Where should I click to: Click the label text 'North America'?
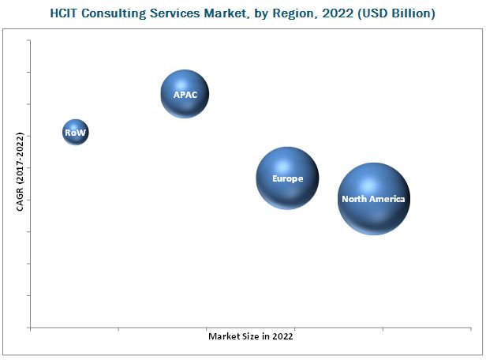pos(373,200)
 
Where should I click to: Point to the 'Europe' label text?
pos(287,178)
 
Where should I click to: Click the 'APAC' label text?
pos(185,95)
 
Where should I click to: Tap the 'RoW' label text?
pos(75,133)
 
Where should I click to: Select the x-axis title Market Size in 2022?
pos(251,336)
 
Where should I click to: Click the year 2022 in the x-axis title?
pos(282,336)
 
